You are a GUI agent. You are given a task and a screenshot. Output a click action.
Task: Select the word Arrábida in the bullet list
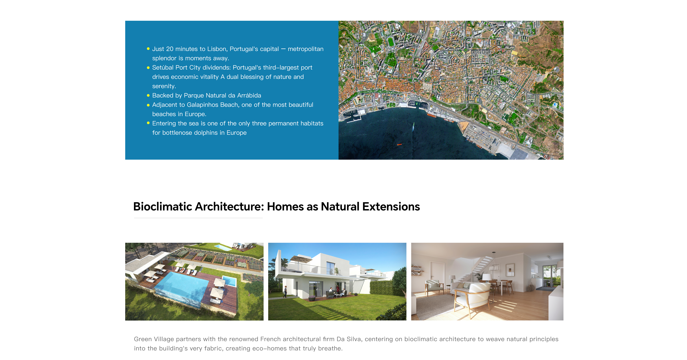click(249, 95)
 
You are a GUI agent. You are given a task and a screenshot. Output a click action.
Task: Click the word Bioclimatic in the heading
click(163, 207)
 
